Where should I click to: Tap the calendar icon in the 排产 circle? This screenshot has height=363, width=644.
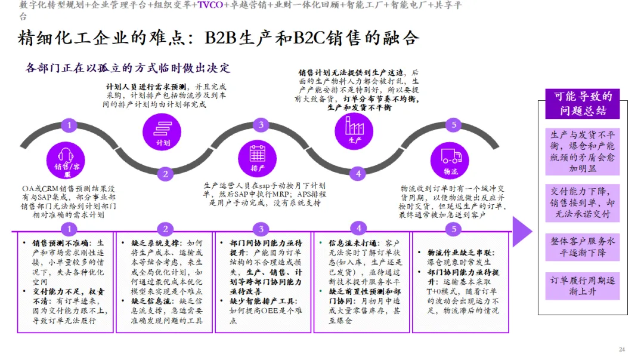[258, 153]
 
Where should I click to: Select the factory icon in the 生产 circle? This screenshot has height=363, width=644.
[355, 125]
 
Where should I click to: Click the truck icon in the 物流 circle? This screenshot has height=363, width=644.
[451, 155]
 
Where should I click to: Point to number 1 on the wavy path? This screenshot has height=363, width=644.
[70, 125]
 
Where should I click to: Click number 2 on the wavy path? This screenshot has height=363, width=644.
[165, 174]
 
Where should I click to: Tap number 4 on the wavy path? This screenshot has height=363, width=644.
[358, 174]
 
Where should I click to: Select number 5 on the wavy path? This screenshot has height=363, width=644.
[454, 125]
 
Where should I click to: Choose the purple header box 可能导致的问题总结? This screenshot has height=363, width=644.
[583, 104]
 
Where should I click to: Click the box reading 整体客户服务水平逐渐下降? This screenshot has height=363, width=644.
[583, 247]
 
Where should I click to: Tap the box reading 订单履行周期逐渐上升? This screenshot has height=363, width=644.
[583, 285]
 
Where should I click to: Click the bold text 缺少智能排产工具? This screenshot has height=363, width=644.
[258, 301]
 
